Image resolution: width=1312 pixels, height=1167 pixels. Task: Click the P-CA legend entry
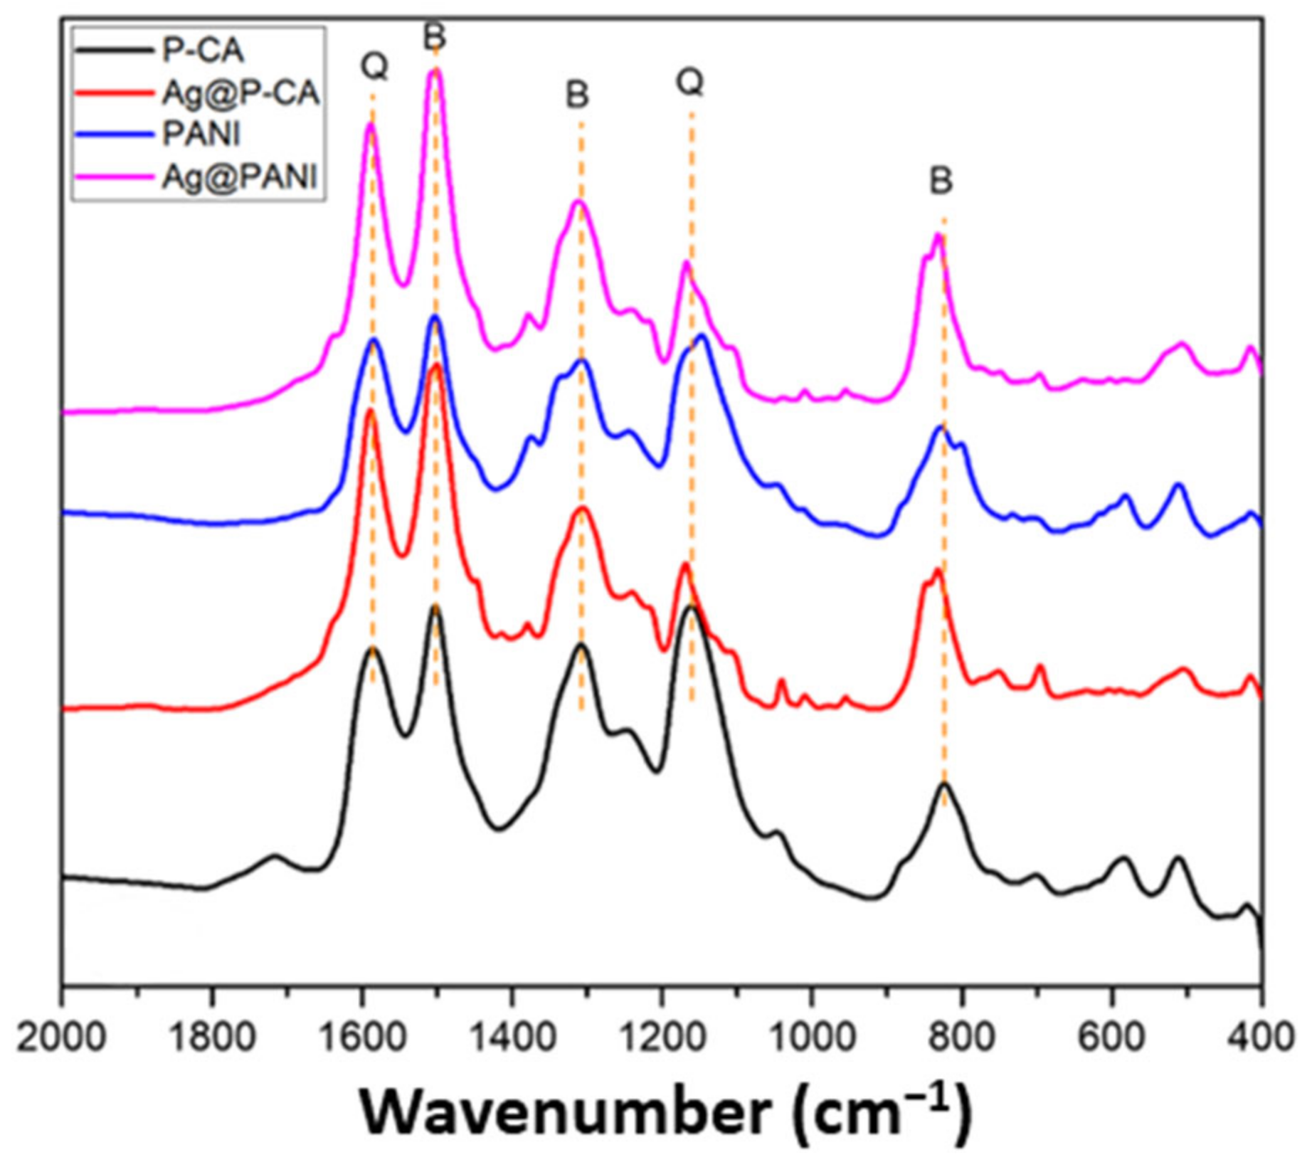coord(203,51)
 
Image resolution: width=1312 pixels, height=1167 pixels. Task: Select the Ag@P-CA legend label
coord(240,93)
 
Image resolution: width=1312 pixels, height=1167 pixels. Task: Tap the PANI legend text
coord(201,134)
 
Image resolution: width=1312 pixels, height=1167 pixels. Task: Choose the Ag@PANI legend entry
coord(239,176)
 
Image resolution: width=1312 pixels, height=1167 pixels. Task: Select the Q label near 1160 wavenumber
coord(689,82)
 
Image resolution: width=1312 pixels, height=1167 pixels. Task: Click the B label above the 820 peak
coord(941,181)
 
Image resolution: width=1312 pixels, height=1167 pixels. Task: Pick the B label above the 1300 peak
coord(577,95)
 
